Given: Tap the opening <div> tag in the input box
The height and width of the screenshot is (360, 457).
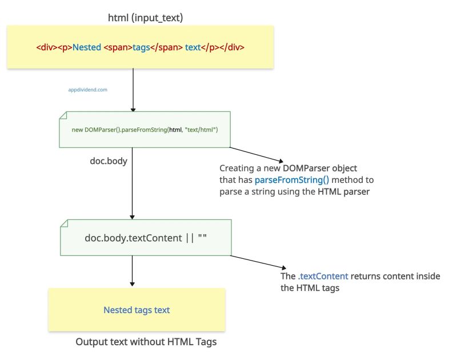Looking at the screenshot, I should pyautogui.click(x=47, y=47).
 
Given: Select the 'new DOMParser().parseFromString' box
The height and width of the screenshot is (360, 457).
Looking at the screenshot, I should pyautogui.click(x=145, y=130).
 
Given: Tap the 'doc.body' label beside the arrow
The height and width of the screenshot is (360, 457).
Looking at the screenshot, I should pyautogui.click(x=109, y=162).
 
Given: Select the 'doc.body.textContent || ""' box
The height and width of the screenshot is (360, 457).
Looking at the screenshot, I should pyautogui.click(x=145, y=237).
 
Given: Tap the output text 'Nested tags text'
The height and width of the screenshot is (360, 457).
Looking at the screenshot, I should pyautogui.click(x=137, y=310).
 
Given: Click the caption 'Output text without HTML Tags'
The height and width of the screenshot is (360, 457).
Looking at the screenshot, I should pyautogui.click(x=146, y=342).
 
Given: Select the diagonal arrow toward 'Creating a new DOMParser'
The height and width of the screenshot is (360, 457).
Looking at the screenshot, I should pyautogui.click(x=256, y=154).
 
